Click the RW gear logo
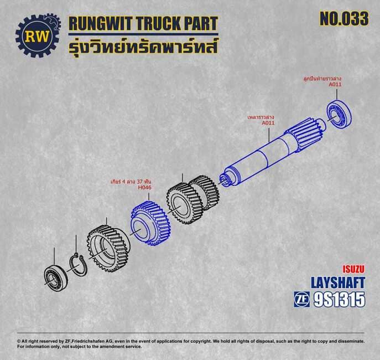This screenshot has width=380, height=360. click(x=38, y=35)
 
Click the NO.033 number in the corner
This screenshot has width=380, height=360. click(x=344, y=19)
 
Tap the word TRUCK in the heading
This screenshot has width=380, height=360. click(x=158, y=24)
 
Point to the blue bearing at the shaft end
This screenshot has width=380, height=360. click(x=339, y=114)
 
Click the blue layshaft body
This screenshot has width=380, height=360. click(x=272, y=153)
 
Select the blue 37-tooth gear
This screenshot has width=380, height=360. click(x=151, y=223)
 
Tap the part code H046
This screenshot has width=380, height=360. click(x=144, y=188)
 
